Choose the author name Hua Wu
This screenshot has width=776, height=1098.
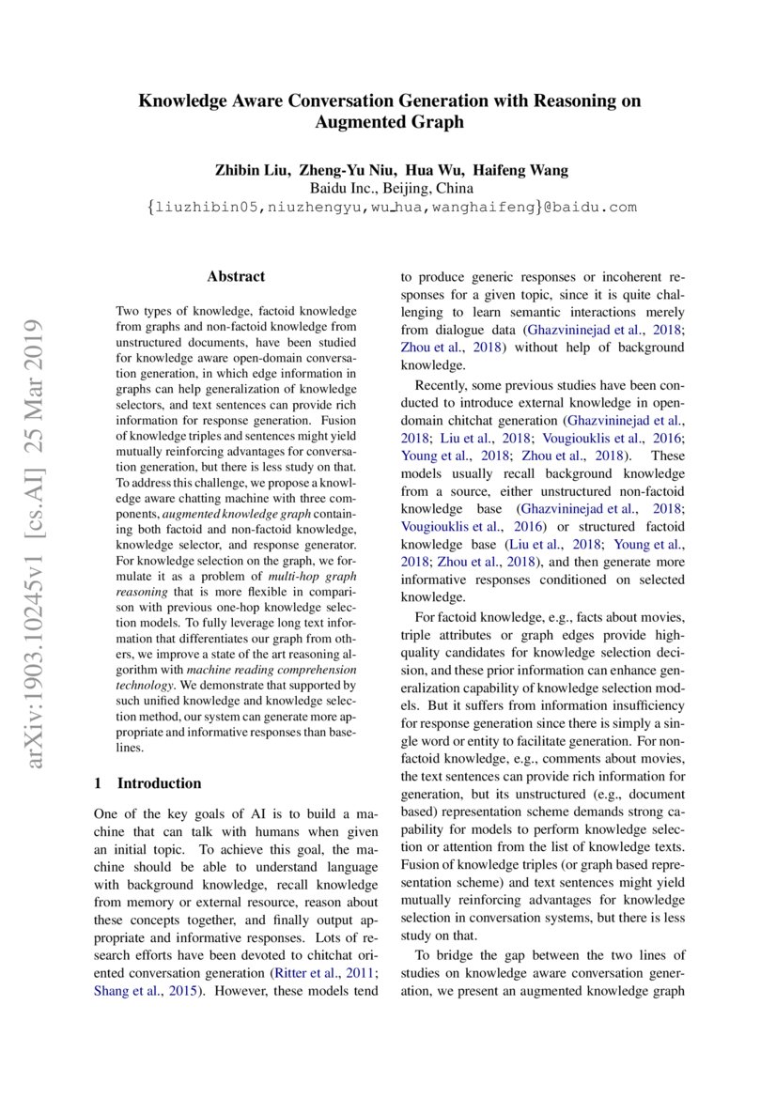442,170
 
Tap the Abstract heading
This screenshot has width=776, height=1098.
236,276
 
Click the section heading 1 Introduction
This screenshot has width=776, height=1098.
148,782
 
